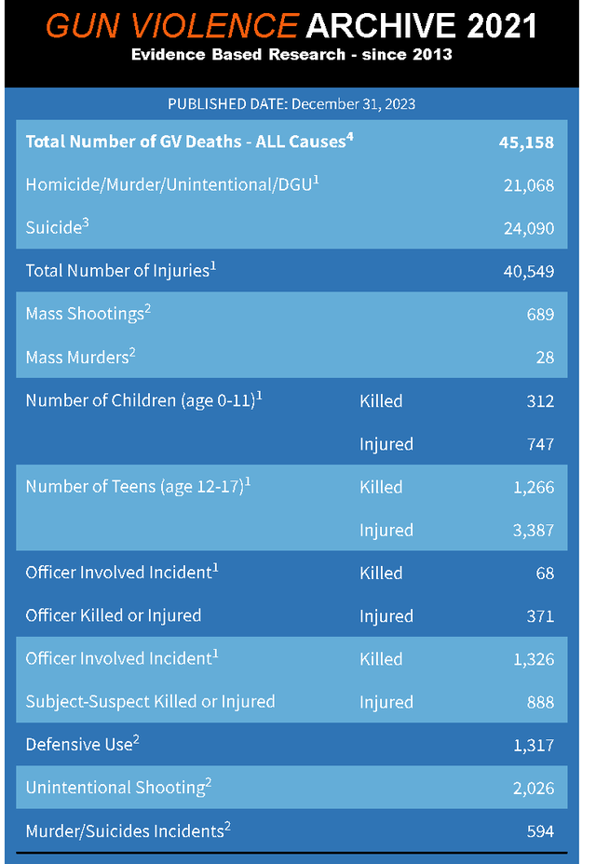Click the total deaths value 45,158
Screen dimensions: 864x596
pos(526,142)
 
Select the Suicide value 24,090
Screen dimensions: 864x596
pos(528,228)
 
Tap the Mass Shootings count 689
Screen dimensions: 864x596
pos(540,315)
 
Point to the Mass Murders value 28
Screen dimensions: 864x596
pos(545,358)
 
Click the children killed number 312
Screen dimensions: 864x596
pos(540,401)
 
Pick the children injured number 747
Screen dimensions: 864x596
pos(540,444)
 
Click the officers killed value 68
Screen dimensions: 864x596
pos(545,573)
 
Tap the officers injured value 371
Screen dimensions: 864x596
pos(540,616)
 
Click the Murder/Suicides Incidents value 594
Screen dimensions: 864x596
pos(540,831)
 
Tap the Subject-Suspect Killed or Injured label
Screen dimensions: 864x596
pos(150,702)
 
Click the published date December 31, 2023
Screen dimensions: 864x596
pos(353,103)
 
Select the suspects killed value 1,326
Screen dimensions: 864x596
pos(533,659)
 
